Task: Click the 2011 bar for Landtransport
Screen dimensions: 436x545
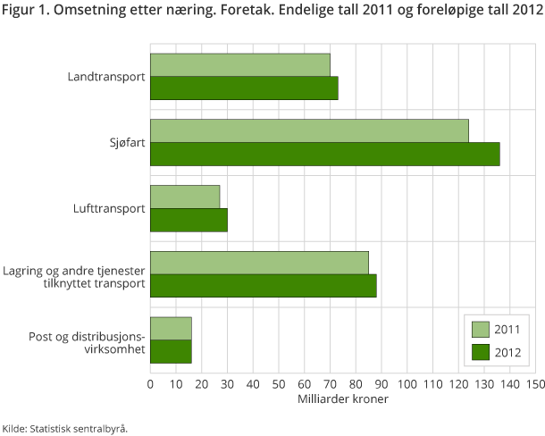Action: tap(239, 64)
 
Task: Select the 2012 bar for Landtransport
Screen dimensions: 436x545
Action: tap(244, 88)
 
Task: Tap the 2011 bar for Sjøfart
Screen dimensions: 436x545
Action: tap(309, 130)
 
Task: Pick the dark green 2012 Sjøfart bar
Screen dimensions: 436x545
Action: tap(324, 154)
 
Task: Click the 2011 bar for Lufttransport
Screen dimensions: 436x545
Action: tap(185, 197)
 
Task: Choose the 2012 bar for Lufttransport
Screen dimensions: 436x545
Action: tap(189, 220)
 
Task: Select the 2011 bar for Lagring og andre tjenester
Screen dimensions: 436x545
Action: tap(259, 263)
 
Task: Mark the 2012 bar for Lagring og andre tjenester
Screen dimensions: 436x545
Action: tap(263, 286)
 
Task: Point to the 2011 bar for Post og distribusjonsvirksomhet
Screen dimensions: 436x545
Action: tap(171, 328)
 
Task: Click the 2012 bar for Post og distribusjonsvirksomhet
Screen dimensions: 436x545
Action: tap(171, 351)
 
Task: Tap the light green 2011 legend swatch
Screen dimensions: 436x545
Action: tap(480, 328)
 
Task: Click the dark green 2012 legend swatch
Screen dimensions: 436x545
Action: tap(480, 350)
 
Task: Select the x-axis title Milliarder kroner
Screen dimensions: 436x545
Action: tap(342, 399)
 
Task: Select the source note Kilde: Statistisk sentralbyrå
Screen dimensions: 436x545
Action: tap(64, 427)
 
